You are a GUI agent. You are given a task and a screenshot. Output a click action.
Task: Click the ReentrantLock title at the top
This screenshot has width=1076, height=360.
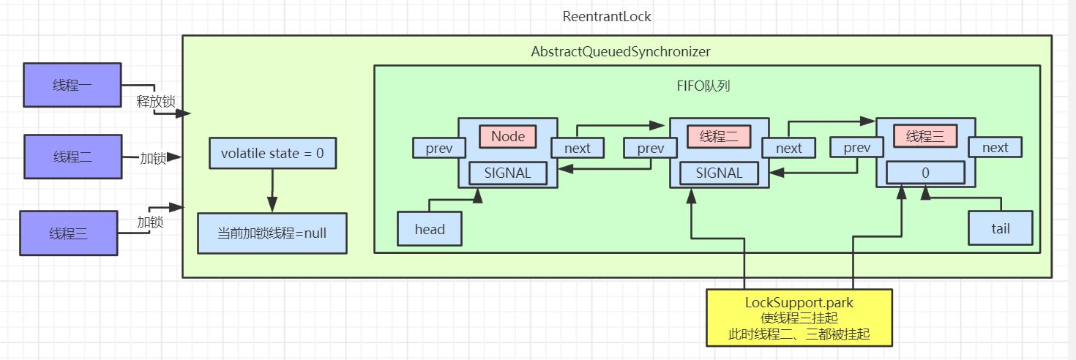click(607, 16)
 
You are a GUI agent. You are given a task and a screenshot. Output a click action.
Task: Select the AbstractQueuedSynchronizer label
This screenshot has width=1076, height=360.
click(620, 52)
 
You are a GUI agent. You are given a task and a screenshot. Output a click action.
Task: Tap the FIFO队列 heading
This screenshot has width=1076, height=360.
click(703, 86)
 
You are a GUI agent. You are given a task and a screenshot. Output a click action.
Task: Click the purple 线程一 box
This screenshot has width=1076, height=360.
click(72, 85)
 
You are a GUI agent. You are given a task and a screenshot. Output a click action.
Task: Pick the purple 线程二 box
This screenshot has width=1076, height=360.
click(72, 157)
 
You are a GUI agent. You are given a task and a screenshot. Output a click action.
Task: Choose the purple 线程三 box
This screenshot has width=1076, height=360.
click(69, 233)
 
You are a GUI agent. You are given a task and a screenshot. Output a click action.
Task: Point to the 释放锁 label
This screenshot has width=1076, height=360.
click(155, 102)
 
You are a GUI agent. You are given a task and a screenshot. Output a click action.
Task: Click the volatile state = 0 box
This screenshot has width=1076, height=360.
click(272, 154)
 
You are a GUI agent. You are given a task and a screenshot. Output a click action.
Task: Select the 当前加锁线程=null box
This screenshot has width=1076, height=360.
click(272, 233)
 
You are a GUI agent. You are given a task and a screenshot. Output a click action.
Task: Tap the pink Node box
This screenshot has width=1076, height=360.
click(508, 137)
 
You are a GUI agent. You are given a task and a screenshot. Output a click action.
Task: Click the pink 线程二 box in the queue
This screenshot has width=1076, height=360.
click(719, 137)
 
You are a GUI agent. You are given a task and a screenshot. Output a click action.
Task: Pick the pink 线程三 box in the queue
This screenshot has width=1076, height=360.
click(925, 137)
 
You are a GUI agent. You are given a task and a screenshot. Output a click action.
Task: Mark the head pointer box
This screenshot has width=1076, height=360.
click(430, 229)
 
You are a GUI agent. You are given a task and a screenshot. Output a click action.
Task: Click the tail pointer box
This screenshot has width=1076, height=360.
click(1000, 228)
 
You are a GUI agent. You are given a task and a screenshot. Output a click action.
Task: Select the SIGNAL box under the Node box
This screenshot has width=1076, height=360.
click(508, 173)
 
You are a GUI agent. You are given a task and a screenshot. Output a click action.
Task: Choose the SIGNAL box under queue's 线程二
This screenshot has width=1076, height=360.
click(719, 173)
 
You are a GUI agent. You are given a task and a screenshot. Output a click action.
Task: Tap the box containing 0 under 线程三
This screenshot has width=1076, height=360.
click(925, 173)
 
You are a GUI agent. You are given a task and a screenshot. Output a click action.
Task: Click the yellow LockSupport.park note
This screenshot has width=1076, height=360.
click(799, 318)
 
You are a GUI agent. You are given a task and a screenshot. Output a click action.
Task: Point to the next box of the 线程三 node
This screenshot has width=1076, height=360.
click(995, 148)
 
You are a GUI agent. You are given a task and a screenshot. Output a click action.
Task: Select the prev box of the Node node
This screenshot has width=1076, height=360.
click(439, 148)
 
